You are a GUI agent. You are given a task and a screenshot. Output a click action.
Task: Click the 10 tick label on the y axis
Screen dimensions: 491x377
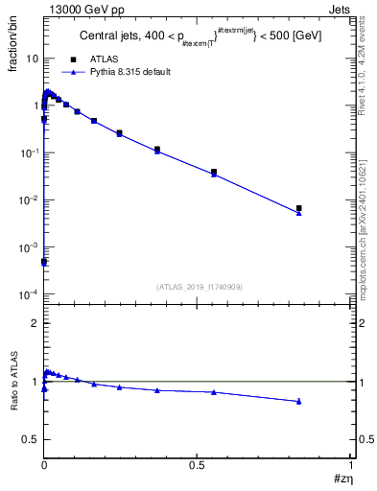click(32, 58)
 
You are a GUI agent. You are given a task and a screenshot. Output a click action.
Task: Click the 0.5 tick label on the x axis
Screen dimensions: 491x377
click(197, 465)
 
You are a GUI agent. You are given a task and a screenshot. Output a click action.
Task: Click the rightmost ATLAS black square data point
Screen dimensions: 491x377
click(299, 208)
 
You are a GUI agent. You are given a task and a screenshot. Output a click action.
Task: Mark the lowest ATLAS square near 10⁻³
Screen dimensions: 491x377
click(44, 261)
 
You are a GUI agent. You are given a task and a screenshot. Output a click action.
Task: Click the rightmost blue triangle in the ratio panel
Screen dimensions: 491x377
click(299, 401)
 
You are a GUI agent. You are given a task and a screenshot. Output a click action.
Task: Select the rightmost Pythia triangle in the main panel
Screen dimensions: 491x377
click(299, 213)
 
